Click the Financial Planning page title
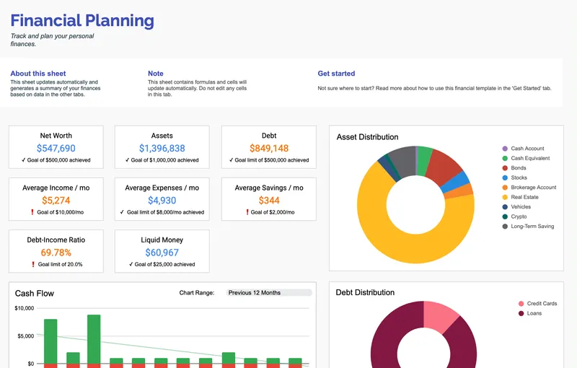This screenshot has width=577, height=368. point(82,21)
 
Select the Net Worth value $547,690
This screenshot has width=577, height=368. point(56,149)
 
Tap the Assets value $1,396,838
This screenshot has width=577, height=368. point(162,149)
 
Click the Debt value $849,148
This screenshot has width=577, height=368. point(268,149)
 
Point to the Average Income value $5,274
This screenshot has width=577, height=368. point(56,201)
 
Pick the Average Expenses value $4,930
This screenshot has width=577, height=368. point(162,201)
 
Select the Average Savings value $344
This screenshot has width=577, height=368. point(268,201)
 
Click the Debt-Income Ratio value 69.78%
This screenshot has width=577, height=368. point(56,253)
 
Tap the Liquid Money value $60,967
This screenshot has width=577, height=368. point(162,253)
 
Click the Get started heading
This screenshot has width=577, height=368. point(336,74)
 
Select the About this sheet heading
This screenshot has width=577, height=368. point(38,74)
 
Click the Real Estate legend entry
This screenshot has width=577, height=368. point(524,197)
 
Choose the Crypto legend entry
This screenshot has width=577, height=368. point(519,216)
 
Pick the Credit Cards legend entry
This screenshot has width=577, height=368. point(542,304)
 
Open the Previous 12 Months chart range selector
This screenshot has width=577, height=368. point(268,293)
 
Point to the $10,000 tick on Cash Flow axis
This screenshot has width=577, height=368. point(25,309)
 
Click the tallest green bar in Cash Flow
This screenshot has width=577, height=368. point(94,339)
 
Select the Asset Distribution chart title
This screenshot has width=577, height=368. point(367,137)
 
